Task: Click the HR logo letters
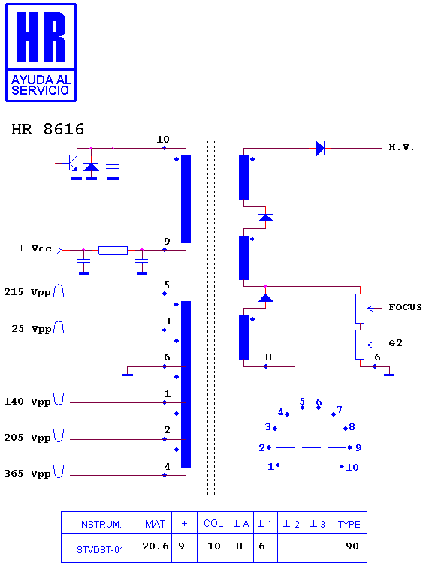point(41,37)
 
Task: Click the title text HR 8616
point(47,129)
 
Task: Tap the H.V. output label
point(401,147)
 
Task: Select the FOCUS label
point(405,307)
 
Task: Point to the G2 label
point(395,343)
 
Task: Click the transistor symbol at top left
point(71,164)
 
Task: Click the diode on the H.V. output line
point(320,149)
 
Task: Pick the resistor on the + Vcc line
point(113,251)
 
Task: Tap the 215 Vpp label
point(27,292)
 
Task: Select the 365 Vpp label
point(27,474)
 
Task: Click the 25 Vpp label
point(32,329)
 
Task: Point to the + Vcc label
point(35,248)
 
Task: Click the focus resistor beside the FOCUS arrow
point(360,309)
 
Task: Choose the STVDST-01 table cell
point(100,549)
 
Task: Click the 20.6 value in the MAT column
point(156,546)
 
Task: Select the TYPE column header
point(349,524)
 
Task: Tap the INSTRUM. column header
point(100,525)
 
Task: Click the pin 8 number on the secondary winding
point(268,357)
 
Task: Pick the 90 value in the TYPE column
point(352,546)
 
